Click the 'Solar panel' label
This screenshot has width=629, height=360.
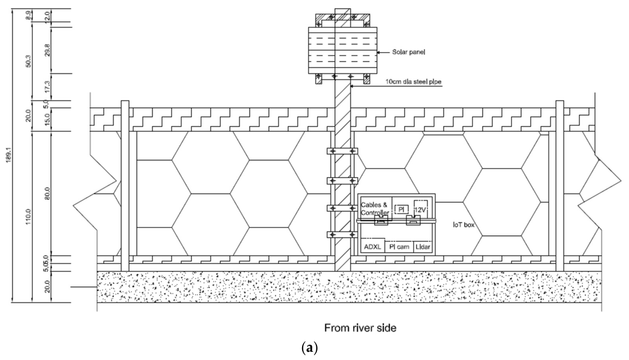[409, 52]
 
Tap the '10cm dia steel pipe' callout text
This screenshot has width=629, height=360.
[413, 82]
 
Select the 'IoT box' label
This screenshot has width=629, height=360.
[464, 225]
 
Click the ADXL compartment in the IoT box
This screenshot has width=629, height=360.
[373, 246]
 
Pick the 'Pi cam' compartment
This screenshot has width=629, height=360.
[399, 246]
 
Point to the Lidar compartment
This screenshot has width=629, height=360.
[423, 246]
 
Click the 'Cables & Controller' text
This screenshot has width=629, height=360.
[375, 209]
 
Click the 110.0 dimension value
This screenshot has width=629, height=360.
[28, 217]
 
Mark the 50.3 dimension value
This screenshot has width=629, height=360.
[28, 60]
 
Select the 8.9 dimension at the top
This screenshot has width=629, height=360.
[28, 15]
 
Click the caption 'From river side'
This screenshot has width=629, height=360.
[360, 328]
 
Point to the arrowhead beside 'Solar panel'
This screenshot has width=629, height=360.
[379, 52]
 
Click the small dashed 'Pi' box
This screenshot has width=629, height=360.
[401, 209]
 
